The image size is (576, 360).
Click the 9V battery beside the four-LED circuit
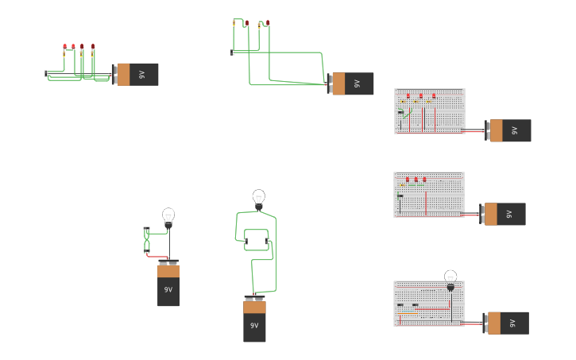tap(137, 75)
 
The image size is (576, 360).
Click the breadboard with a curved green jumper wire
tap(429, 111)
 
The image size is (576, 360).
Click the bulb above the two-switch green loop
tap(258, 197)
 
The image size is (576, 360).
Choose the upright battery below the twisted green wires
tap(168, 284)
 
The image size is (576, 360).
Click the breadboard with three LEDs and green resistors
tap(429, 195)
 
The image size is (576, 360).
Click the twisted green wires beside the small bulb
tap(147, 241)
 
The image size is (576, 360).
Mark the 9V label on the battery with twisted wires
tap(168, 290)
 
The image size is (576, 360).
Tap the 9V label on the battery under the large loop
tap(254, 326)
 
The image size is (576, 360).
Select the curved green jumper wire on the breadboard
tap(407, 117)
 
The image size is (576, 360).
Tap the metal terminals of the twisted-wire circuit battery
tap(168, 261)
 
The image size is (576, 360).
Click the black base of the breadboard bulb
tap(450, 288)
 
